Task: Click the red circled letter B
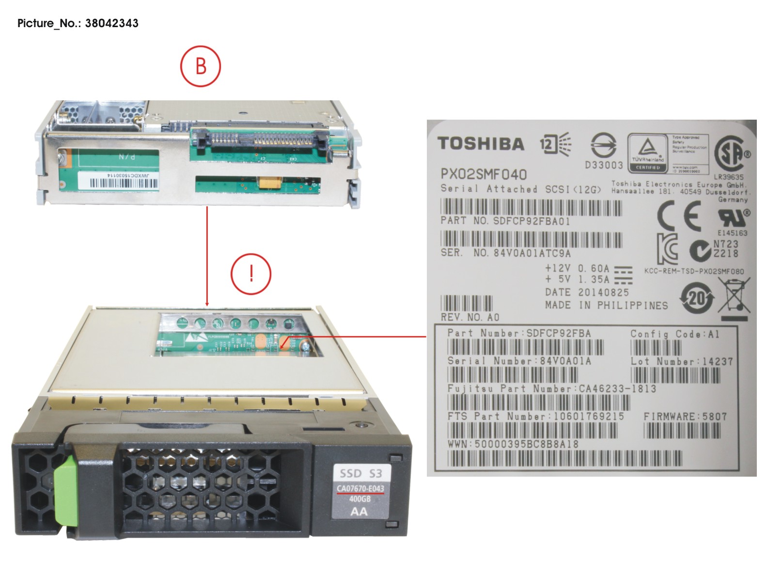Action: [201, 66]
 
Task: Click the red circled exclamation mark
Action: [251, 274]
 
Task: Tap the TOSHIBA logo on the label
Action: [481, 143]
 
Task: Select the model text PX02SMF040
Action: [483, 174]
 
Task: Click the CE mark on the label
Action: [679, 216]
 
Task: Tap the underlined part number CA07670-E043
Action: [360, 488]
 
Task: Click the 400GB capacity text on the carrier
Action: [360, 499]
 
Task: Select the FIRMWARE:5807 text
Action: [685, 417]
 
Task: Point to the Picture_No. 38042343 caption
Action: [78, 23]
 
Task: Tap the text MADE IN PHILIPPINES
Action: [606, 305]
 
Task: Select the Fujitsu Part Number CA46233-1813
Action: [551, 389]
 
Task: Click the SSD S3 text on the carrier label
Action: [360, 473]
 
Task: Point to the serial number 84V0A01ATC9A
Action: [532, 253]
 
